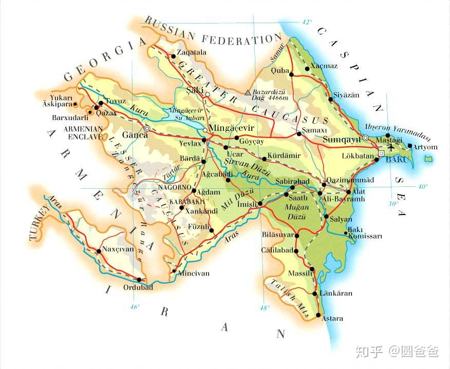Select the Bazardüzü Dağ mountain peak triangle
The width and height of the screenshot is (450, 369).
point(248,93)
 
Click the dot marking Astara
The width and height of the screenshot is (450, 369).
point(318,315)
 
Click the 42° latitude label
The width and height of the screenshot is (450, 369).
point(307,22)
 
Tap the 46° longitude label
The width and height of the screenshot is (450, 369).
point(135,307)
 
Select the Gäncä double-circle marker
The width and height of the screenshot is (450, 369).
point(147,128)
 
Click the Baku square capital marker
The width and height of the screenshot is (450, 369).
point(381,153)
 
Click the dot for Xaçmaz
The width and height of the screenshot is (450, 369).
point(307,68)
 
